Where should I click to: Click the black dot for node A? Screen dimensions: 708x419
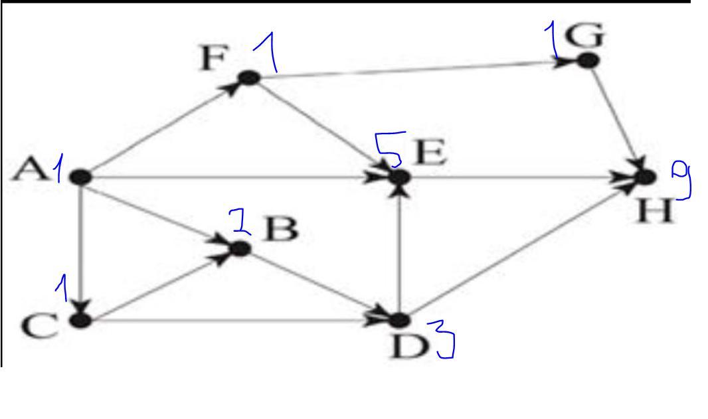[80, 177]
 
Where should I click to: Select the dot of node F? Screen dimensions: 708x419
[249, 78]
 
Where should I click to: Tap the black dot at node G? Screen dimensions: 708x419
[588, 60]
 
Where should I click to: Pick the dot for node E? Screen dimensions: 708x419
[399, 177]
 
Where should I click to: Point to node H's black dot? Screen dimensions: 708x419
[646, 177]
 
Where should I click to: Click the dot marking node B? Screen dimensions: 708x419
[240, 248]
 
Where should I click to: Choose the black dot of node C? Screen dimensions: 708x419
[81, 320]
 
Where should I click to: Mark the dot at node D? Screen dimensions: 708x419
[398, 320]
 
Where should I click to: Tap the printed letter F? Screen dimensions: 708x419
[213, 58]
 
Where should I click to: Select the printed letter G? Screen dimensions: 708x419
[584, 35]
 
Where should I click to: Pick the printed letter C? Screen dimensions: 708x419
[40, 326]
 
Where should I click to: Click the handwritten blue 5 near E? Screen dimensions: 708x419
[389, 149]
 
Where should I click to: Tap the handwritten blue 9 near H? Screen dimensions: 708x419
[681, 180]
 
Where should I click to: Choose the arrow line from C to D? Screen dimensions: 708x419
[235, 321]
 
